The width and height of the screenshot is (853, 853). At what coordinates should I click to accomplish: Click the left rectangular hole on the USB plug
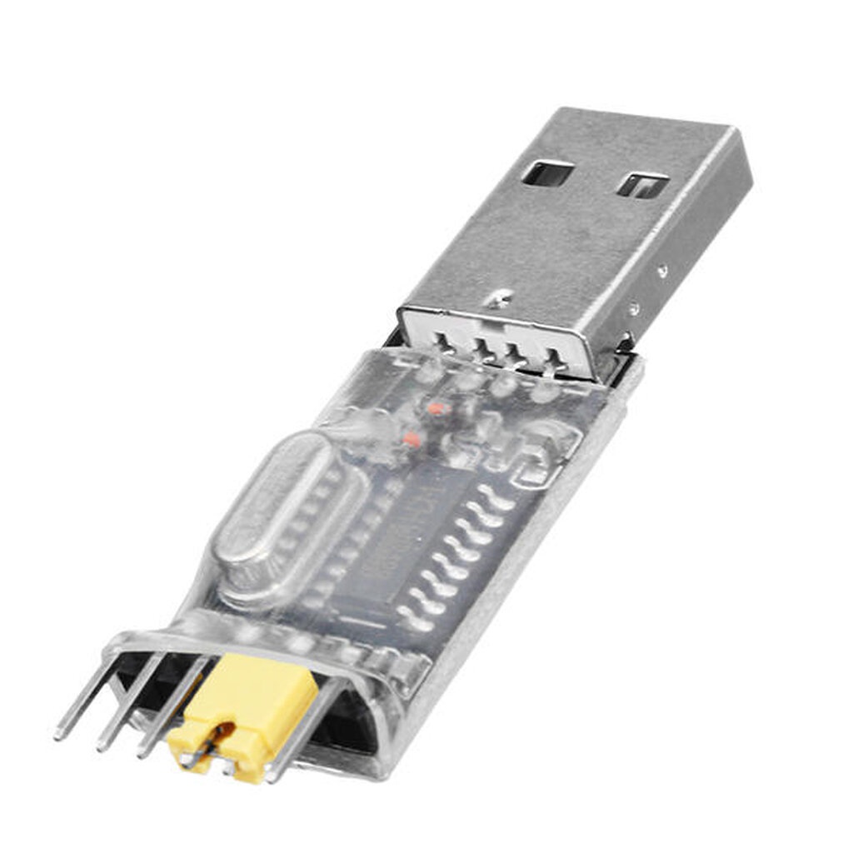[548, 173]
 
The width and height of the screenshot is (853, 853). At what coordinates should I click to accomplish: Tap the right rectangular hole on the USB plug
[643, 184]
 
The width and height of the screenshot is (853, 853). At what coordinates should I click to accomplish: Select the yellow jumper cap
[248, 707]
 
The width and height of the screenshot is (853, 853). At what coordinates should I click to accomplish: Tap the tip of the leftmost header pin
[58, 734]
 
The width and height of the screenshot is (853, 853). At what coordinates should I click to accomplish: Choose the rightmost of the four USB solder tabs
[553, 359]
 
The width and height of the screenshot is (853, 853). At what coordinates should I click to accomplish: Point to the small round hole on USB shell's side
[661, 271]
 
